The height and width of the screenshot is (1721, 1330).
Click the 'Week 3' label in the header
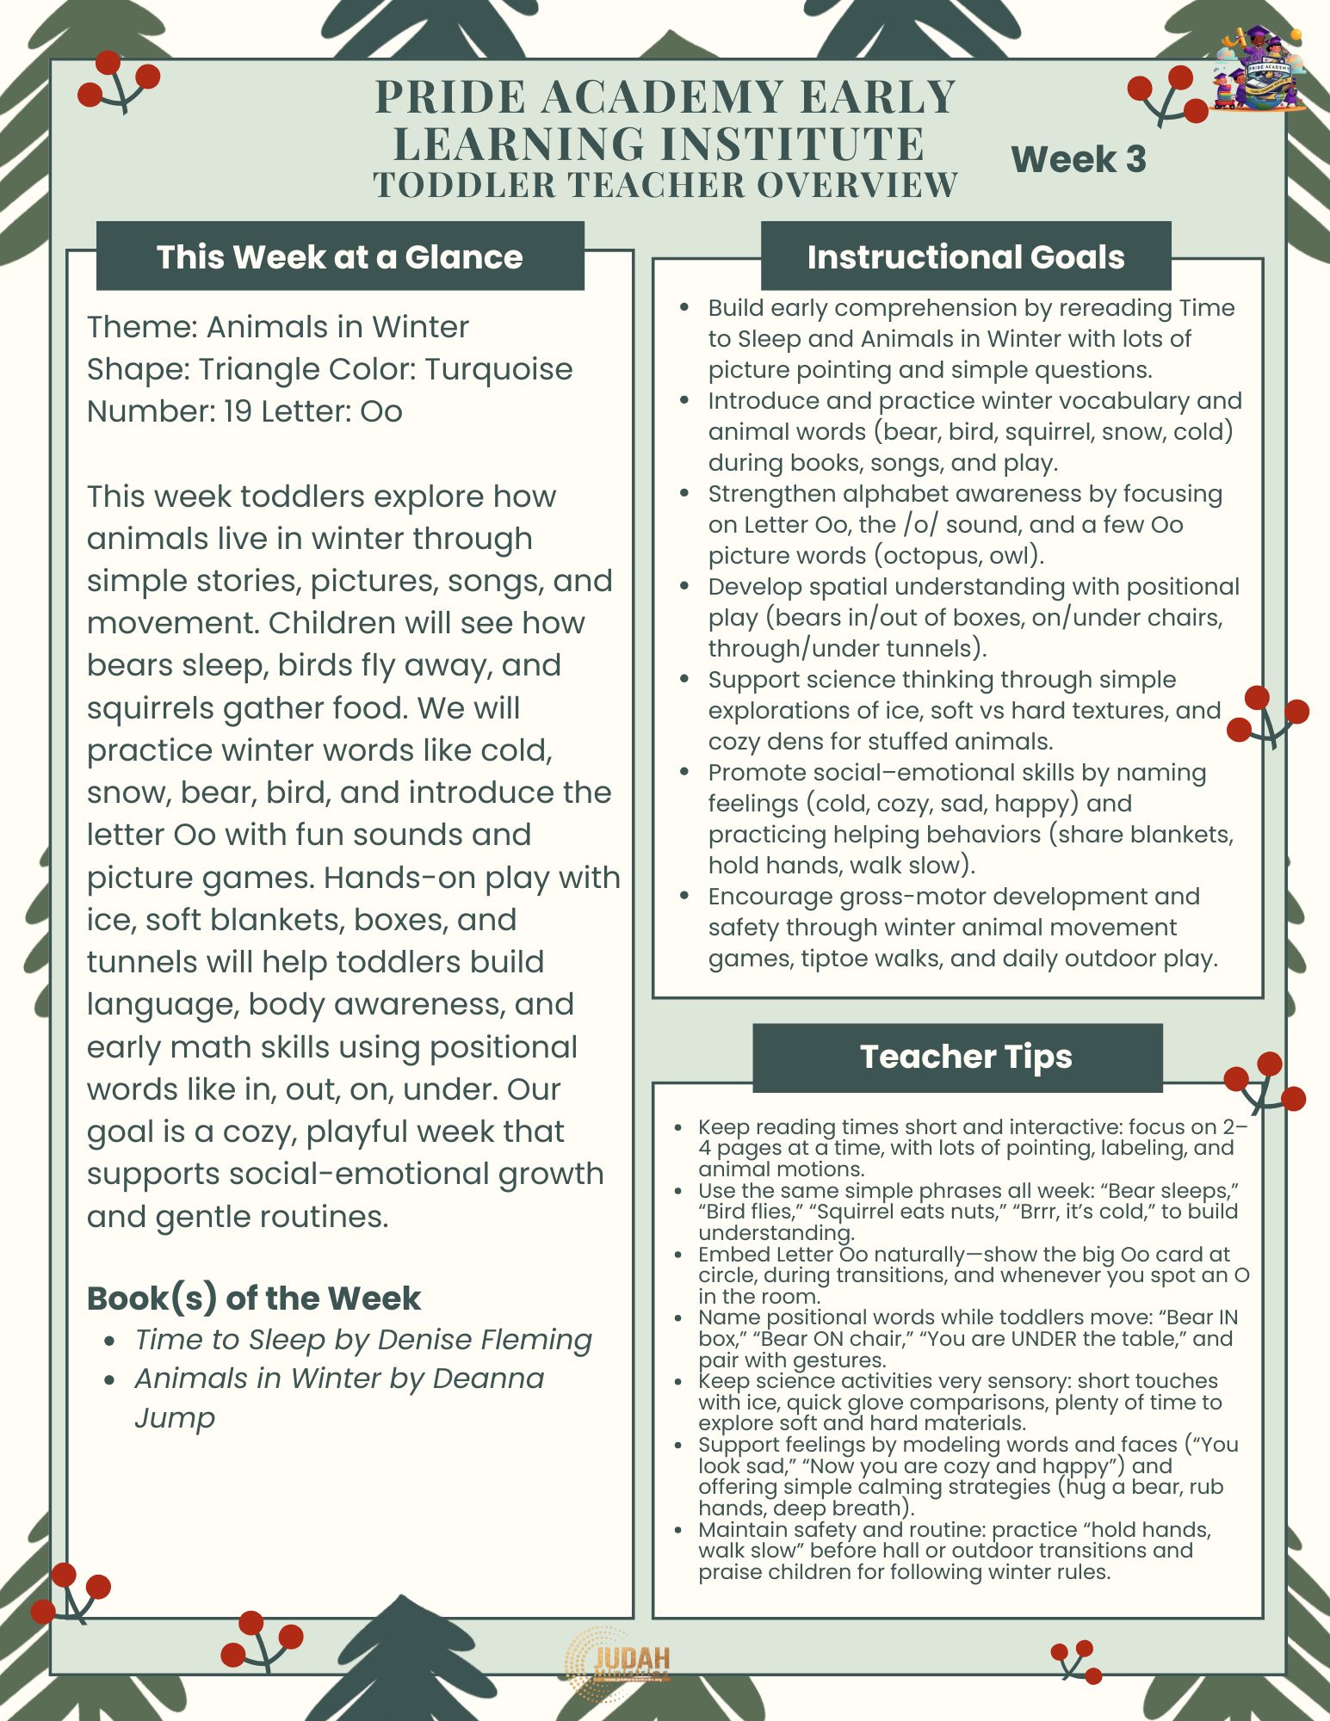click(x=1078, y=160)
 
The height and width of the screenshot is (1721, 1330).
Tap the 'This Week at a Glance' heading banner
click(x=339, y=257)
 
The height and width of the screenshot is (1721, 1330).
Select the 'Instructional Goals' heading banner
click(x=965, y=257)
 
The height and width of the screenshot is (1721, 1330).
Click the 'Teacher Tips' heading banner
click(x=965, y=1057)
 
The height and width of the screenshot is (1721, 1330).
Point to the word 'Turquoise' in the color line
click(x=498, y=369)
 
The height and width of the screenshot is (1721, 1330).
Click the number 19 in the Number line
click(x=238, y=411)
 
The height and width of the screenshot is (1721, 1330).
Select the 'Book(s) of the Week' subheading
click(x=254, y=1298)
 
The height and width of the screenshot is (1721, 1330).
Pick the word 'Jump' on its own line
click(x=174, y=1417)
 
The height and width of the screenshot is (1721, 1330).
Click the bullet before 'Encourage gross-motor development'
click(x=684, y=897)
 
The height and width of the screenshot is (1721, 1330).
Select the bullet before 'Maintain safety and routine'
click(x=678, y=1530)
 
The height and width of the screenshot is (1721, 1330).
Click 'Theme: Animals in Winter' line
click(x=277, y=327)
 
